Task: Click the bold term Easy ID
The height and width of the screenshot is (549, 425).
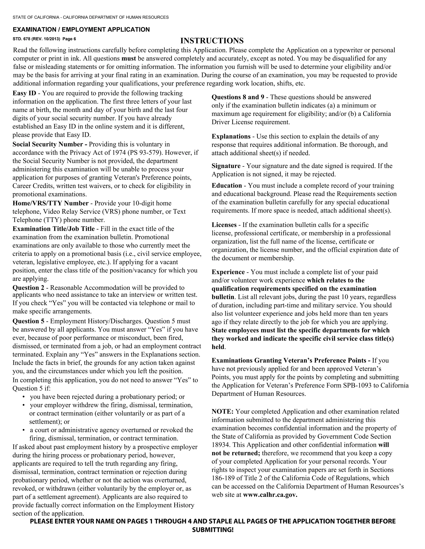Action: [24, 93]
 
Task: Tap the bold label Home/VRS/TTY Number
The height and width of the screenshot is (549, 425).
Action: [50, 203]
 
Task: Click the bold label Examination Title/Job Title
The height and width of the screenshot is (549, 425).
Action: [54, 229]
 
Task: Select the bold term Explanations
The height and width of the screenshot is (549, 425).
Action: [231, 137]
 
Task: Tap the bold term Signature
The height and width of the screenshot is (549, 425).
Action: [226, 166]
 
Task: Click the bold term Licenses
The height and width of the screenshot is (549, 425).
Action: [224, 225]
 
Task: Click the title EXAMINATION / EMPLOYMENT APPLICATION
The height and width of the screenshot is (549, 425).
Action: [81, 30]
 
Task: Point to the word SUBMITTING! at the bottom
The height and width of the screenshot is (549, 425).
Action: [213, 530]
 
